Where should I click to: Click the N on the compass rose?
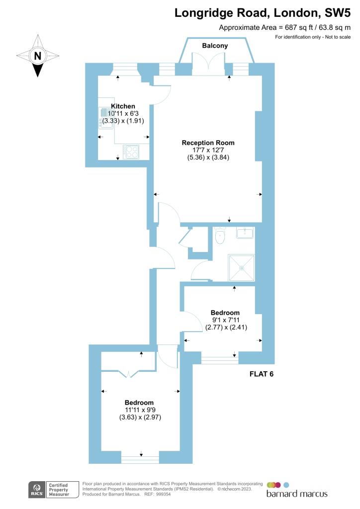click(38, 56)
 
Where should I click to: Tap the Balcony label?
click(215, 46)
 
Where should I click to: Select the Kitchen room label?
click(123, 106)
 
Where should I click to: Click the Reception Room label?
click(208, 143)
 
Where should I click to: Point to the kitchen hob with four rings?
click(131, 152)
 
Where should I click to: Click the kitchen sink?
click(106, 117)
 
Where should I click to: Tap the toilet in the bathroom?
click(220, 235)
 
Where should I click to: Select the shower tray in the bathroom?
click(242, 268)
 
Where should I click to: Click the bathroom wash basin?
click(245, 233)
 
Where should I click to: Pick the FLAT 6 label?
click(262, 374)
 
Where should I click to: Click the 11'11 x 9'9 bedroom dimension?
click(140, 410)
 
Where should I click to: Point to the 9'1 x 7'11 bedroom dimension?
click(226, 320)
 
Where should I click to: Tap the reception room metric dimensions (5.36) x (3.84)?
click(208, 158)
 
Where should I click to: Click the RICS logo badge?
click(37, 490)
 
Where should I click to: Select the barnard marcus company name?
click(297, 494)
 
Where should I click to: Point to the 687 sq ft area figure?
click(296, 28)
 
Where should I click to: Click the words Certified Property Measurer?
click(59, 490)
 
